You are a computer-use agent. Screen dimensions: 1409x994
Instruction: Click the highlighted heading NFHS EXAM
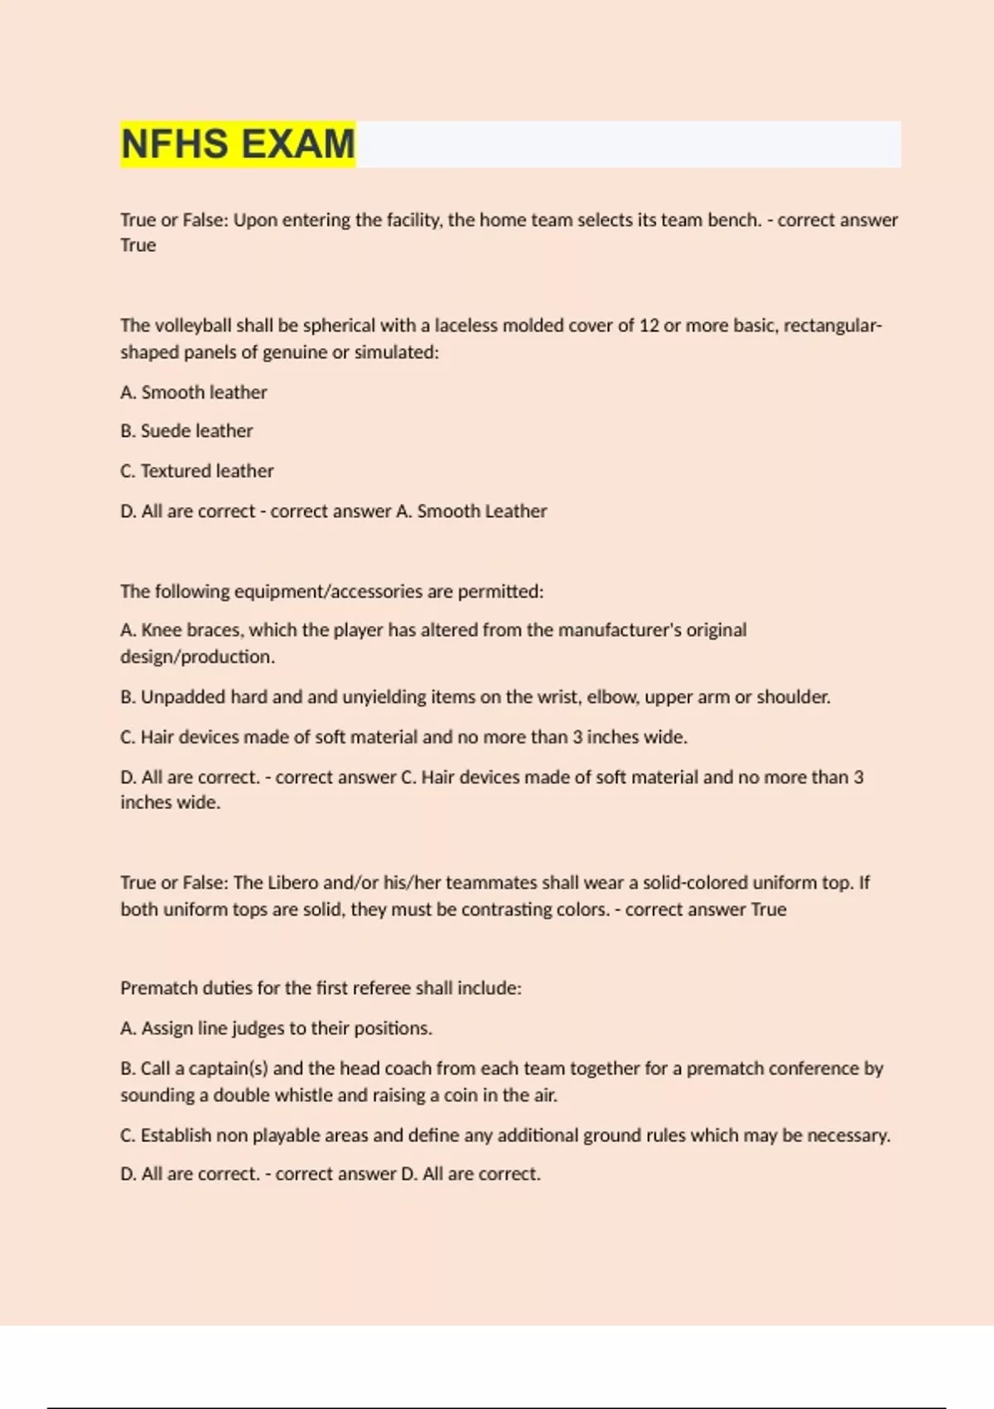238,144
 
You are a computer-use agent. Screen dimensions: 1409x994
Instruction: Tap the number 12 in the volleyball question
648,326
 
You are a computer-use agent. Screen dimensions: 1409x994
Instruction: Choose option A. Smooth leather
194,392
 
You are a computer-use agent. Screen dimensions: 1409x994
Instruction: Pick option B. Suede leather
186,431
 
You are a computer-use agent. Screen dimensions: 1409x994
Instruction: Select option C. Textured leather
197,471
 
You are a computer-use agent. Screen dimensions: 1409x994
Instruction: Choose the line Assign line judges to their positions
277,1029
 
